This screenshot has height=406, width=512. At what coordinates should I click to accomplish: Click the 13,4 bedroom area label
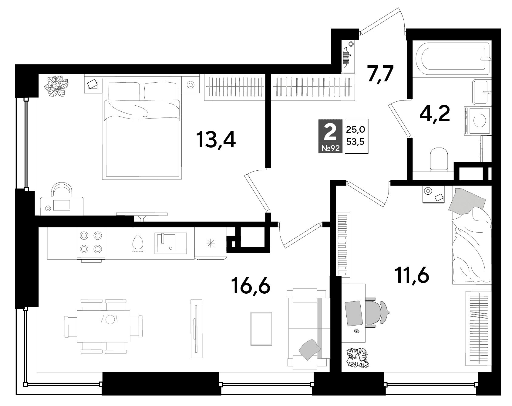pos(216,140)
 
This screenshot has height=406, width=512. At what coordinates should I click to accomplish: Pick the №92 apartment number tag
pos(330,148)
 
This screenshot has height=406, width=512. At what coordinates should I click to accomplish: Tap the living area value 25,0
pos(356,130)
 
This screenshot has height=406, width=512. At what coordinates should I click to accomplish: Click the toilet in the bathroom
pos(439,159)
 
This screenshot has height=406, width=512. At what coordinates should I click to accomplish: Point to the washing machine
pos(477,121)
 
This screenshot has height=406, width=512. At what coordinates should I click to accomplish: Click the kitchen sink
pos(171,243)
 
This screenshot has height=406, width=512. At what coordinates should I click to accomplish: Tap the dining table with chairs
pos(103,326)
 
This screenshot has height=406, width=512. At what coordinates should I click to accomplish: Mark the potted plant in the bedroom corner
pos(56,87)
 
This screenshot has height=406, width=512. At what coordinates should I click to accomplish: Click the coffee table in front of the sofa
pos(261,329)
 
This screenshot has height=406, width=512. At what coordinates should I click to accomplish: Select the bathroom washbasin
pos(482,92)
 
